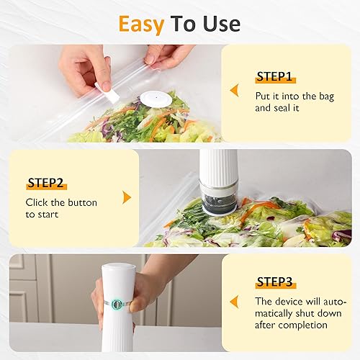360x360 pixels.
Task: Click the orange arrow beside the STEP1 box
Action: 233,90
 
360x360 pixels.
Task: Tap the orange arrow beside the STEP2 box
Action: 127,197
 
